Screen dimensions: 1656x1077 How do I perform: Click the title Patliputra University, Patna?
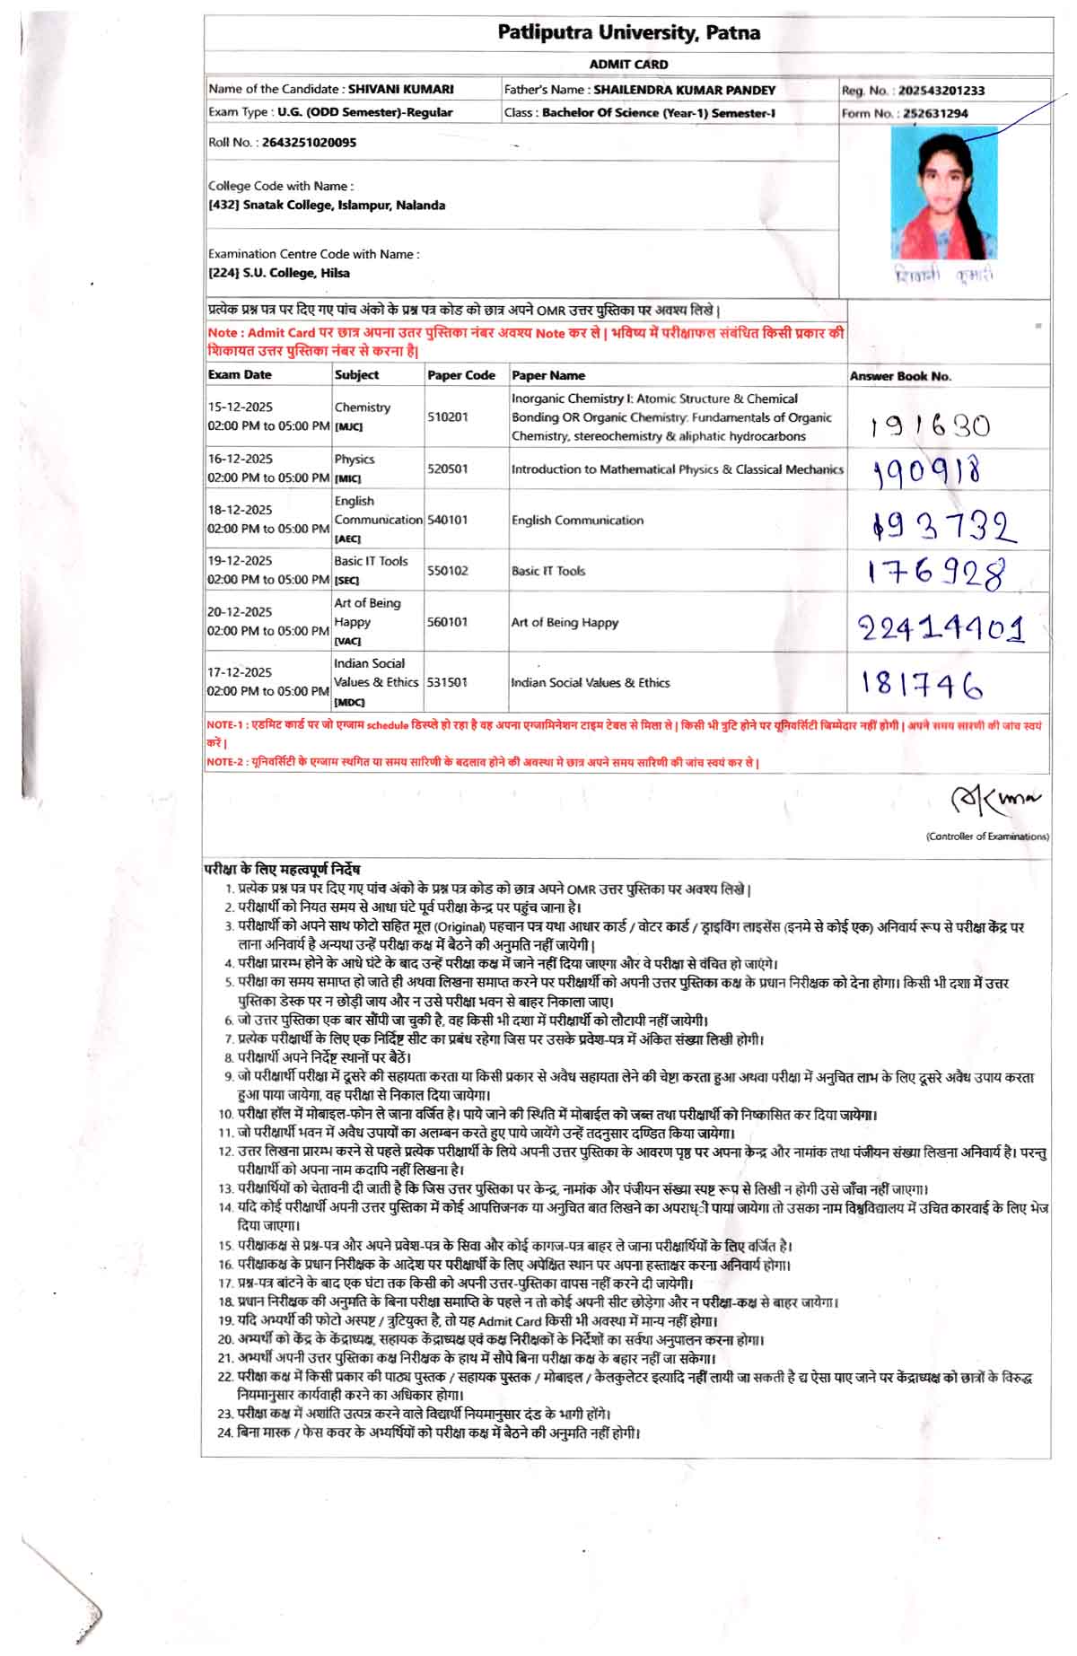pyautogui.click(x=628, y=33)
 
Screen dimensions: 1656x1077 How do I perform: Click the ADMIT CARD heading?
pyautogui.click(x=628, y=65)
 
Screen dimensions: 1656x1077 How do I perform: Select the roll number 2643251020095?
pyautogui.click(x=309, y=142)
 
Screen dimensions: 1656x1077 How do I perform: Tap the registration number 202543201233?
pyautogui.click(x=941, y=91)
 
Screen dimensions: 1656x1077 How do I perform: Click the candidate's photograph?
pyautogui.click(x=943, y=194)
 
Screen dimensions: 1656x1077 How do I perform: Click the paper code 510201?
pyautogui.click(x=447, y=417)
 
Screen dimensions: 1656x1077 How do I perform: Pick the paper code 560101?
pyautogui.click(x=447, y=622)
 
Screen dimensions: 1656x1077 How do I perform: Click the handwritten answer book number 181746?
pyautogui.click(x=922, y=685)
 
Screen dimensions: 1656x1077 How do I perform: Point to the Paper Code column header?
pyautogui.click(x=461, y=375)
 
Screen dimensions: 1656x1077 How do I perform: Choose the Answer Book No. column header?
pyautogui.click(x=900, y=376)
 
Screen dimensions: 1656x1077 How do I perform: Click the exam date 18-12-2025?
pyautogui.click(x=240, y=510)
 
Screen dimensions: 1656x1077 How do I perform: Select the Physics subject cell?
pyautogui.click(x=355, y=460)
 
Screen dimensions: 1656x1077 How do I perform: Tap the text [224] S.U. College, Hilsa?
pyautogui.click(x=279, y=273)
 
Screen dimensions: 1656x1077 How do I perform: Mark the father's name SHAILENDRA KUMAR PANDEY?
pyautogui.click(x=684, y=90)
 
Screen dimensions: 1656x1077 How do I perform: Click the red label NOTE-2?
pyautogui.click(x=225, y=763)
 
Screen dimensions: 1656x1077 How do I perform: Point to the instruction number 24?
pyautogui.click(x=224, y=1433)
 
